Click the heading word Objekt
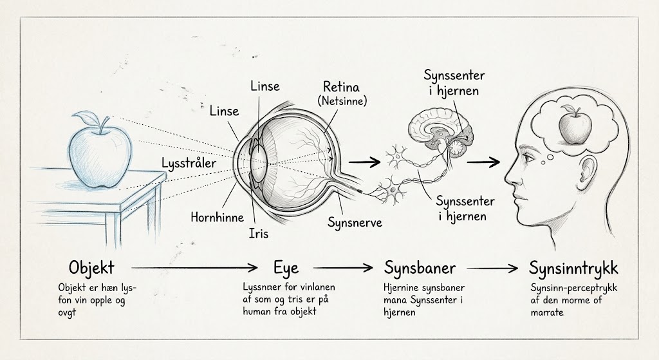91,268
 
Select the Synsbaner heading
420,268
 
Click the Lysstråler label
189,163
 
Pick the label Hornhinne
218,217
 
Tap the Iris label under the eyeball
259,233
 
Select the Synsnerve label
355,222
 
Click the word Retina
341,87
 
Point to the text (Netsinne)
342,101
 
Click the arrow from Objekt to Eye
194,267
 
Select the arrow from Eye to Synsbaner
343,267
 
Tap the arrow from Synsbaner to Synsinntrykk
492,267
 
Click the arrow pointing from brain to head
483,162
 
